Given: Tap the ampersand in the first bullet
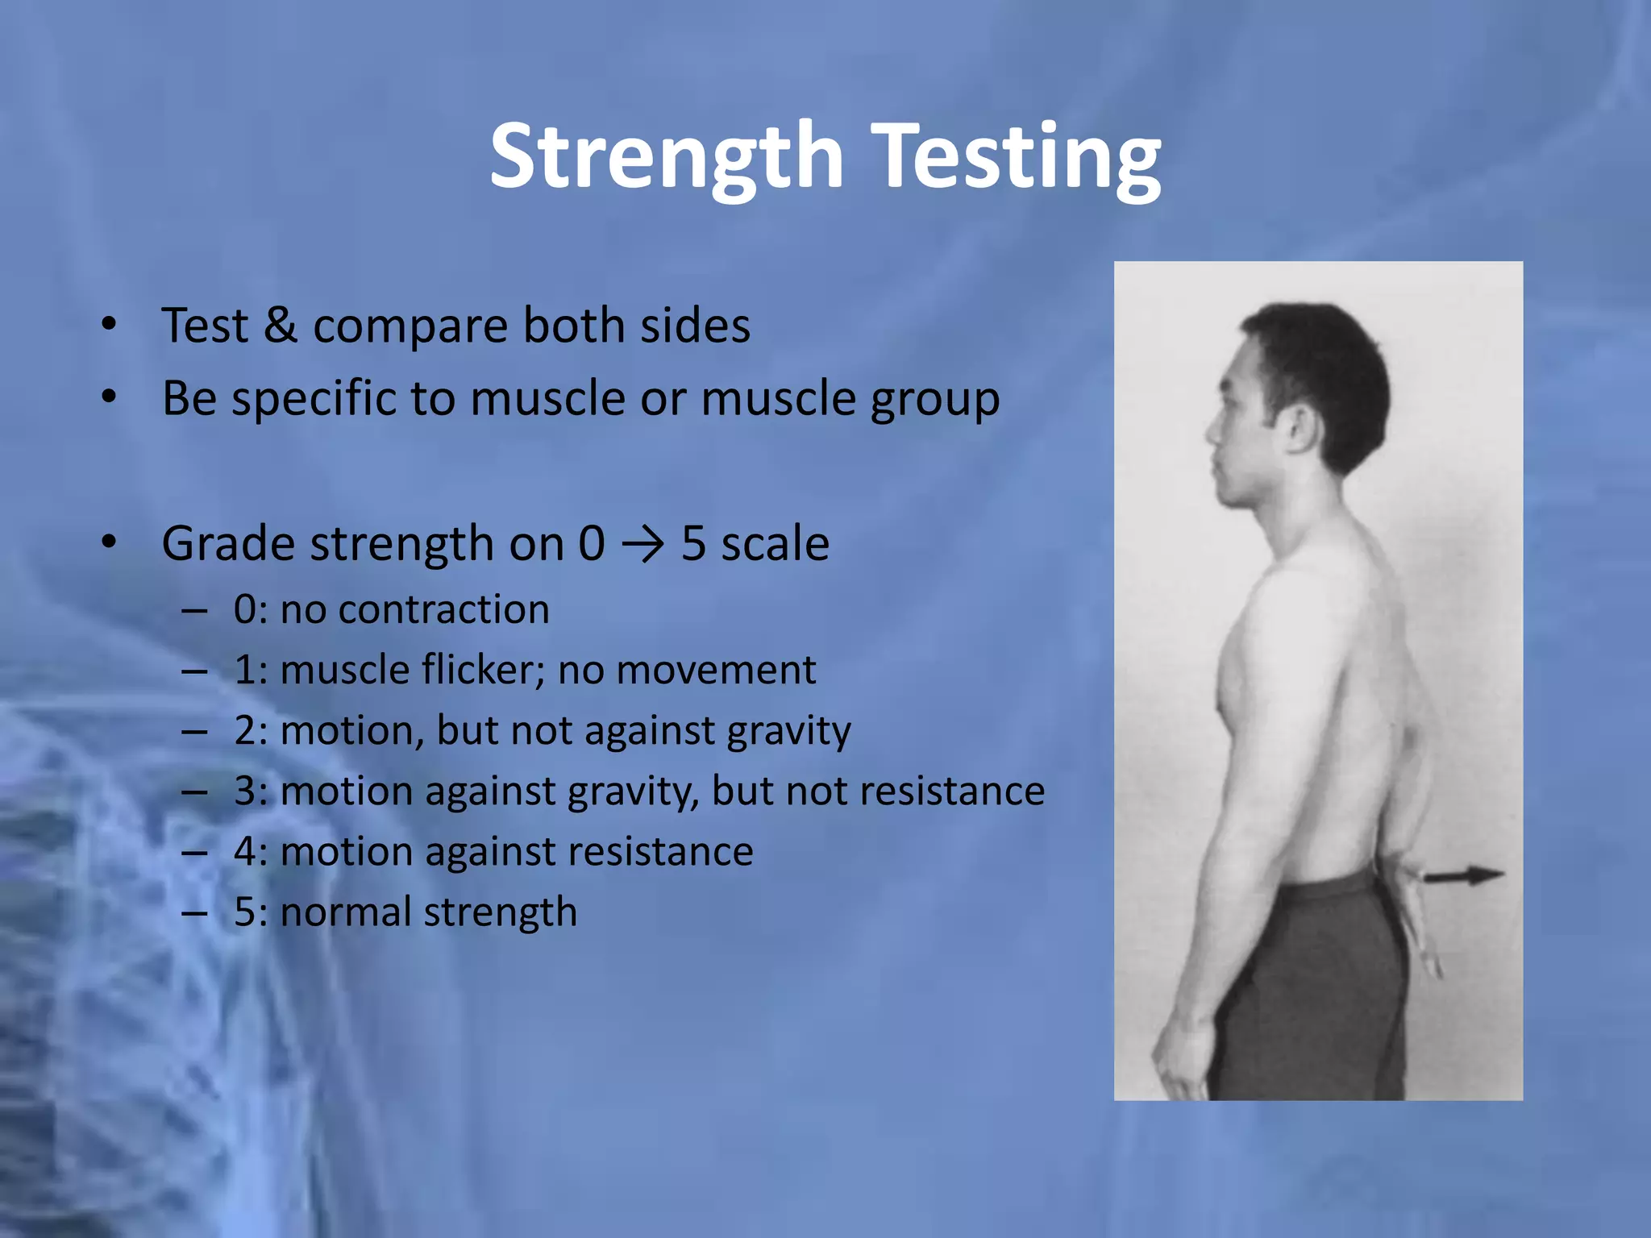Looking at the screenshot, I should click(280, 326).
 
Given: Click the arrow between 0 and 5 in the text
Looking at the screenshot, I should click(643, 544).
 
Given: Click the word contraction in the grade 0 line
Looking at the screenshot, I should click(443, 609).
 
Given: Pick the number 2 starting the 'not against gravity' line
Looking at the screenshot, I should click(245, 731).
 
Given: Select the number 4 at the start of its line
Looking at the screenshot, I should click(245, 852).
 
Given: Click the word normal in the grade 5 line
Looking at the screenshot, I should click(345, 912).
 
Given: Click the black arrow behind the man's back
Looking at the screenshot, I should click(1464, 875).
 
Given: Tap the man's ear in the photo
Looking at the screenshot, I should click(1301, 427).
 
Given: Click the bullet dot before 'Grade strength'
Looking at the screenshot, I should click(109, 542).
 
